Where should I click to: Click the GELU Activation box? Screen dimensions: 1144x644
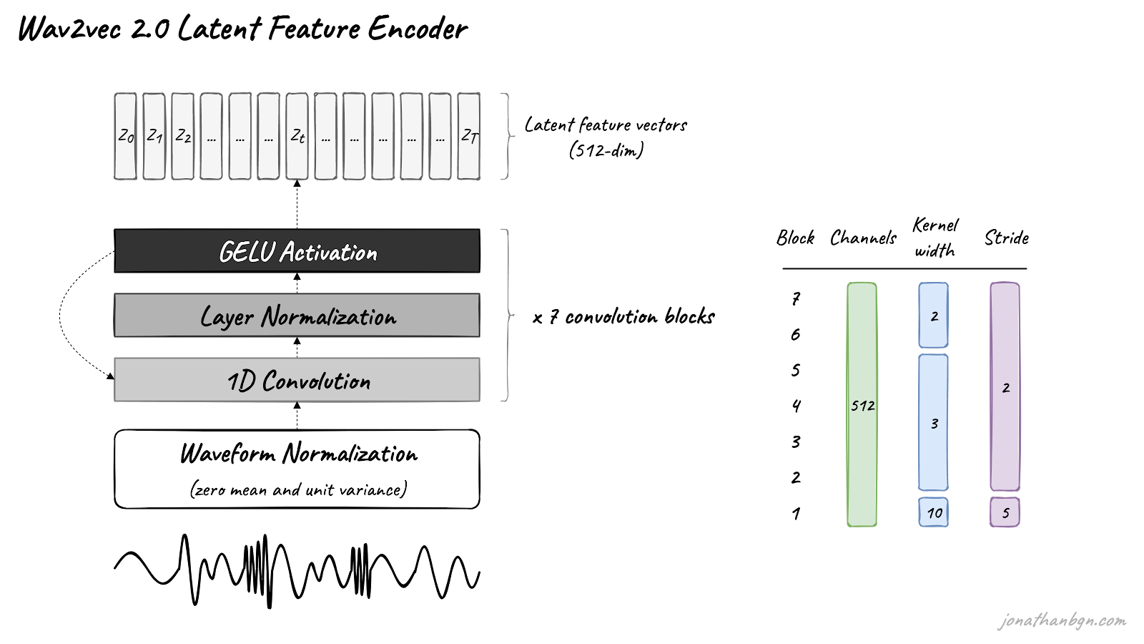click(x=297, y=251)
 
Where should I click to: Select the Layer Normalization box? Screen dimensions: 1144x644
click(x=297, y=316)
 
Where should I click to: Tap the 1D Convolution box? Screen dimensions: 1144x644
click(x=297, y=380)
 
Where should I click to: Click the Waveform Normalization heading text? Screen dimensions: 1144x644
click(x=299, y=454)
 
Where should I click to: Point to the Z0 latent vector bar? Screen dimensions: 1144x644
click(x=125, y=136)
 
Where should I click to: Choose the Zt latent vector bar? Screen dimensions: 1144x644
click(x=297, y=136)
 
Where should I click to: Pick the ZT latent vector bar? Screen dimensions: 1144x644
click(x=468, y=136)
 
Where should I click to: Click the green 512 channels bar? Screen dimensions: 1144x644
click(x=862, y=404)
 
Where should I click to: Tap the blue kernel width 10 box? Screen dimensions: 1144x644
click(x=933, y=512)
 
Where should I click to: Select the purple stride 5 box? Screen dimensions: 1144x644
click(x=1005, y=512)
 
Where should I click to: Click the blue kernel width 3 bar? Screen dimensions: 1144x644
click(x=933, y=422)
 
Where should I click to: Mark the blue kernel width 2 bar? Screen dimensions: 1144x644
click(x=933, y=315)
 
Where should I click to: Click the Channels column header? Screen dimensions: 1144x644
click(x=863, y=238)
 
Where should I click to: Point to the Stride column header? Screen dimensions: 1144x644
click(x=1006, y=238)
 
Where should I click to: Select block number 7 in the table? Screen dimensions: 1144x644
click(x=796, y=298)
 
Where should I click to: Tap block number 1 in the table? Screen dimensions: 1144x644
click(x=796, y=513)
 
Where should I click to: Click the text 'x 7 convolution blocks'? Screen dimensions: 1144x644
click(x=623, y=317)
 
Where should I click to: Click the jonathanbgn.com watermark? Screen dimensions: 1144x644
click(x=1062, y=620)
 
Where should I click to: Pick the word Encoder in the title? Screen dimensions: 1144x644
click(x=418, y=28)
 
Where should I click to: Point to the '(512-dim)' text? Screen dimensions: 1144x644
click(x=606, y=150)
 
